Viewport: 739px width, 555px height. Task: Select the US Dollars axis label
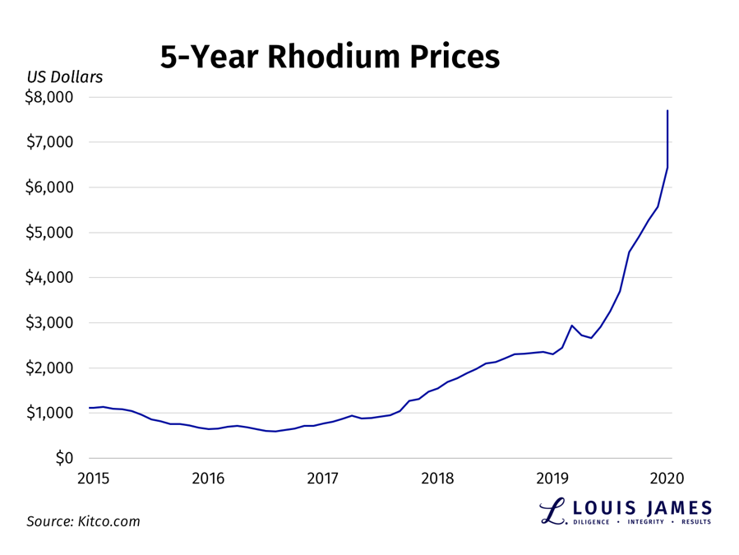coord(65,77)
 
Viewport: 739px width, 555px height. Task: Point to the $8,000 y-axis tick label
coord(50,97)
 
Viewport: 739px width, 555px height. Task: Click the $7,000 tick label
coord(50,142)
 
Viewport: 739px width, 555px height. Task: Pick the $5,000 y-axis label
coord(50,233)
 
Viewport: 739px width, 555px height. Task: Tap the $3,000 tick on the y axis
coord(50,323)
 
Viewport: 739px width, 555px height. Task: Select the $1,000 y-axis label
coord(50,414)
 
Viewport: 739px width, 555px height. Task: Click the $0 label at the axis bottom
coord(64,459)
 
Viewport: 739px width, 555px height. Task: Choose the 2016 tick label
coord(208,479)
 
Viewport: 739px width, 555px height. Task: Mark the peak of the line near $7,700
coord(667,111)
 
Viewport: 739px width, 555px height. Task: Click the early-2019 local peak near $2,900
coord(572,326)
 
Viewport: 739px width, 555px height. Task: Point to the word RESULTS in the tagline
coord(695,522)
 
